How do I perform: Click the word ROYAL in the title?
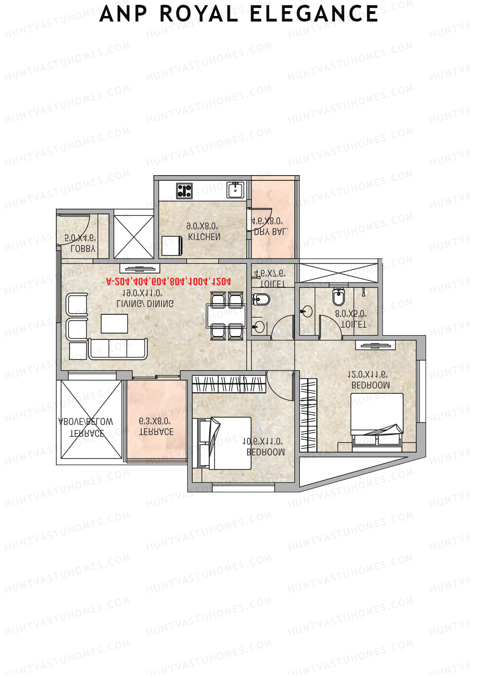click(x=199, y=14)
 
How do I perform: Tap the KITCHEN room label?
click(x=204, y=237)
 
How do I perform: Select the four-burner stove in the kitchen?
click(x=184, y=191)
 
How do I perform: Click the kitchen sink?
click(x=235, y=190)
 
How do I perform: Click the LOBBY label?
click(x=83, y=248)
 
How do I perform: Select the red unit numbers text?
click(x=168, y=281)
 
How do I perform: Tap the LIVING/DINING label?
click(x=145, y=303)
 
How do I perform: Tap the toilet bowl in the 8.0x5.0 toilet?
click(x=338, y=296)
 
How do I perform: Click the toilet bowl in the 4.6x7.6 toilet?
click(x=261, y=299)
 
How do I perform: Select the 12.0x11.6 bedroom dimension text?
click(x=368, y=375)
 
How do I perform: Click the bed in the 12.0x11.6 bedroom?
click(x=376, y=419)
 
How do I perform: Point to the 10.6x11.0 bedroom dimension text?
click(x=263, y=442)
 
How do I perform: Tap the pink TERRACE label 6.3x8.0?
click(x=156, y=432)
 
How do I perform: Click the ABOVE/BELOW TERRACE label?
click(x=86, y=427)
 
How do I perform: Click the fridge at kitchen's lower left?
click(x=172, y=245)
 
